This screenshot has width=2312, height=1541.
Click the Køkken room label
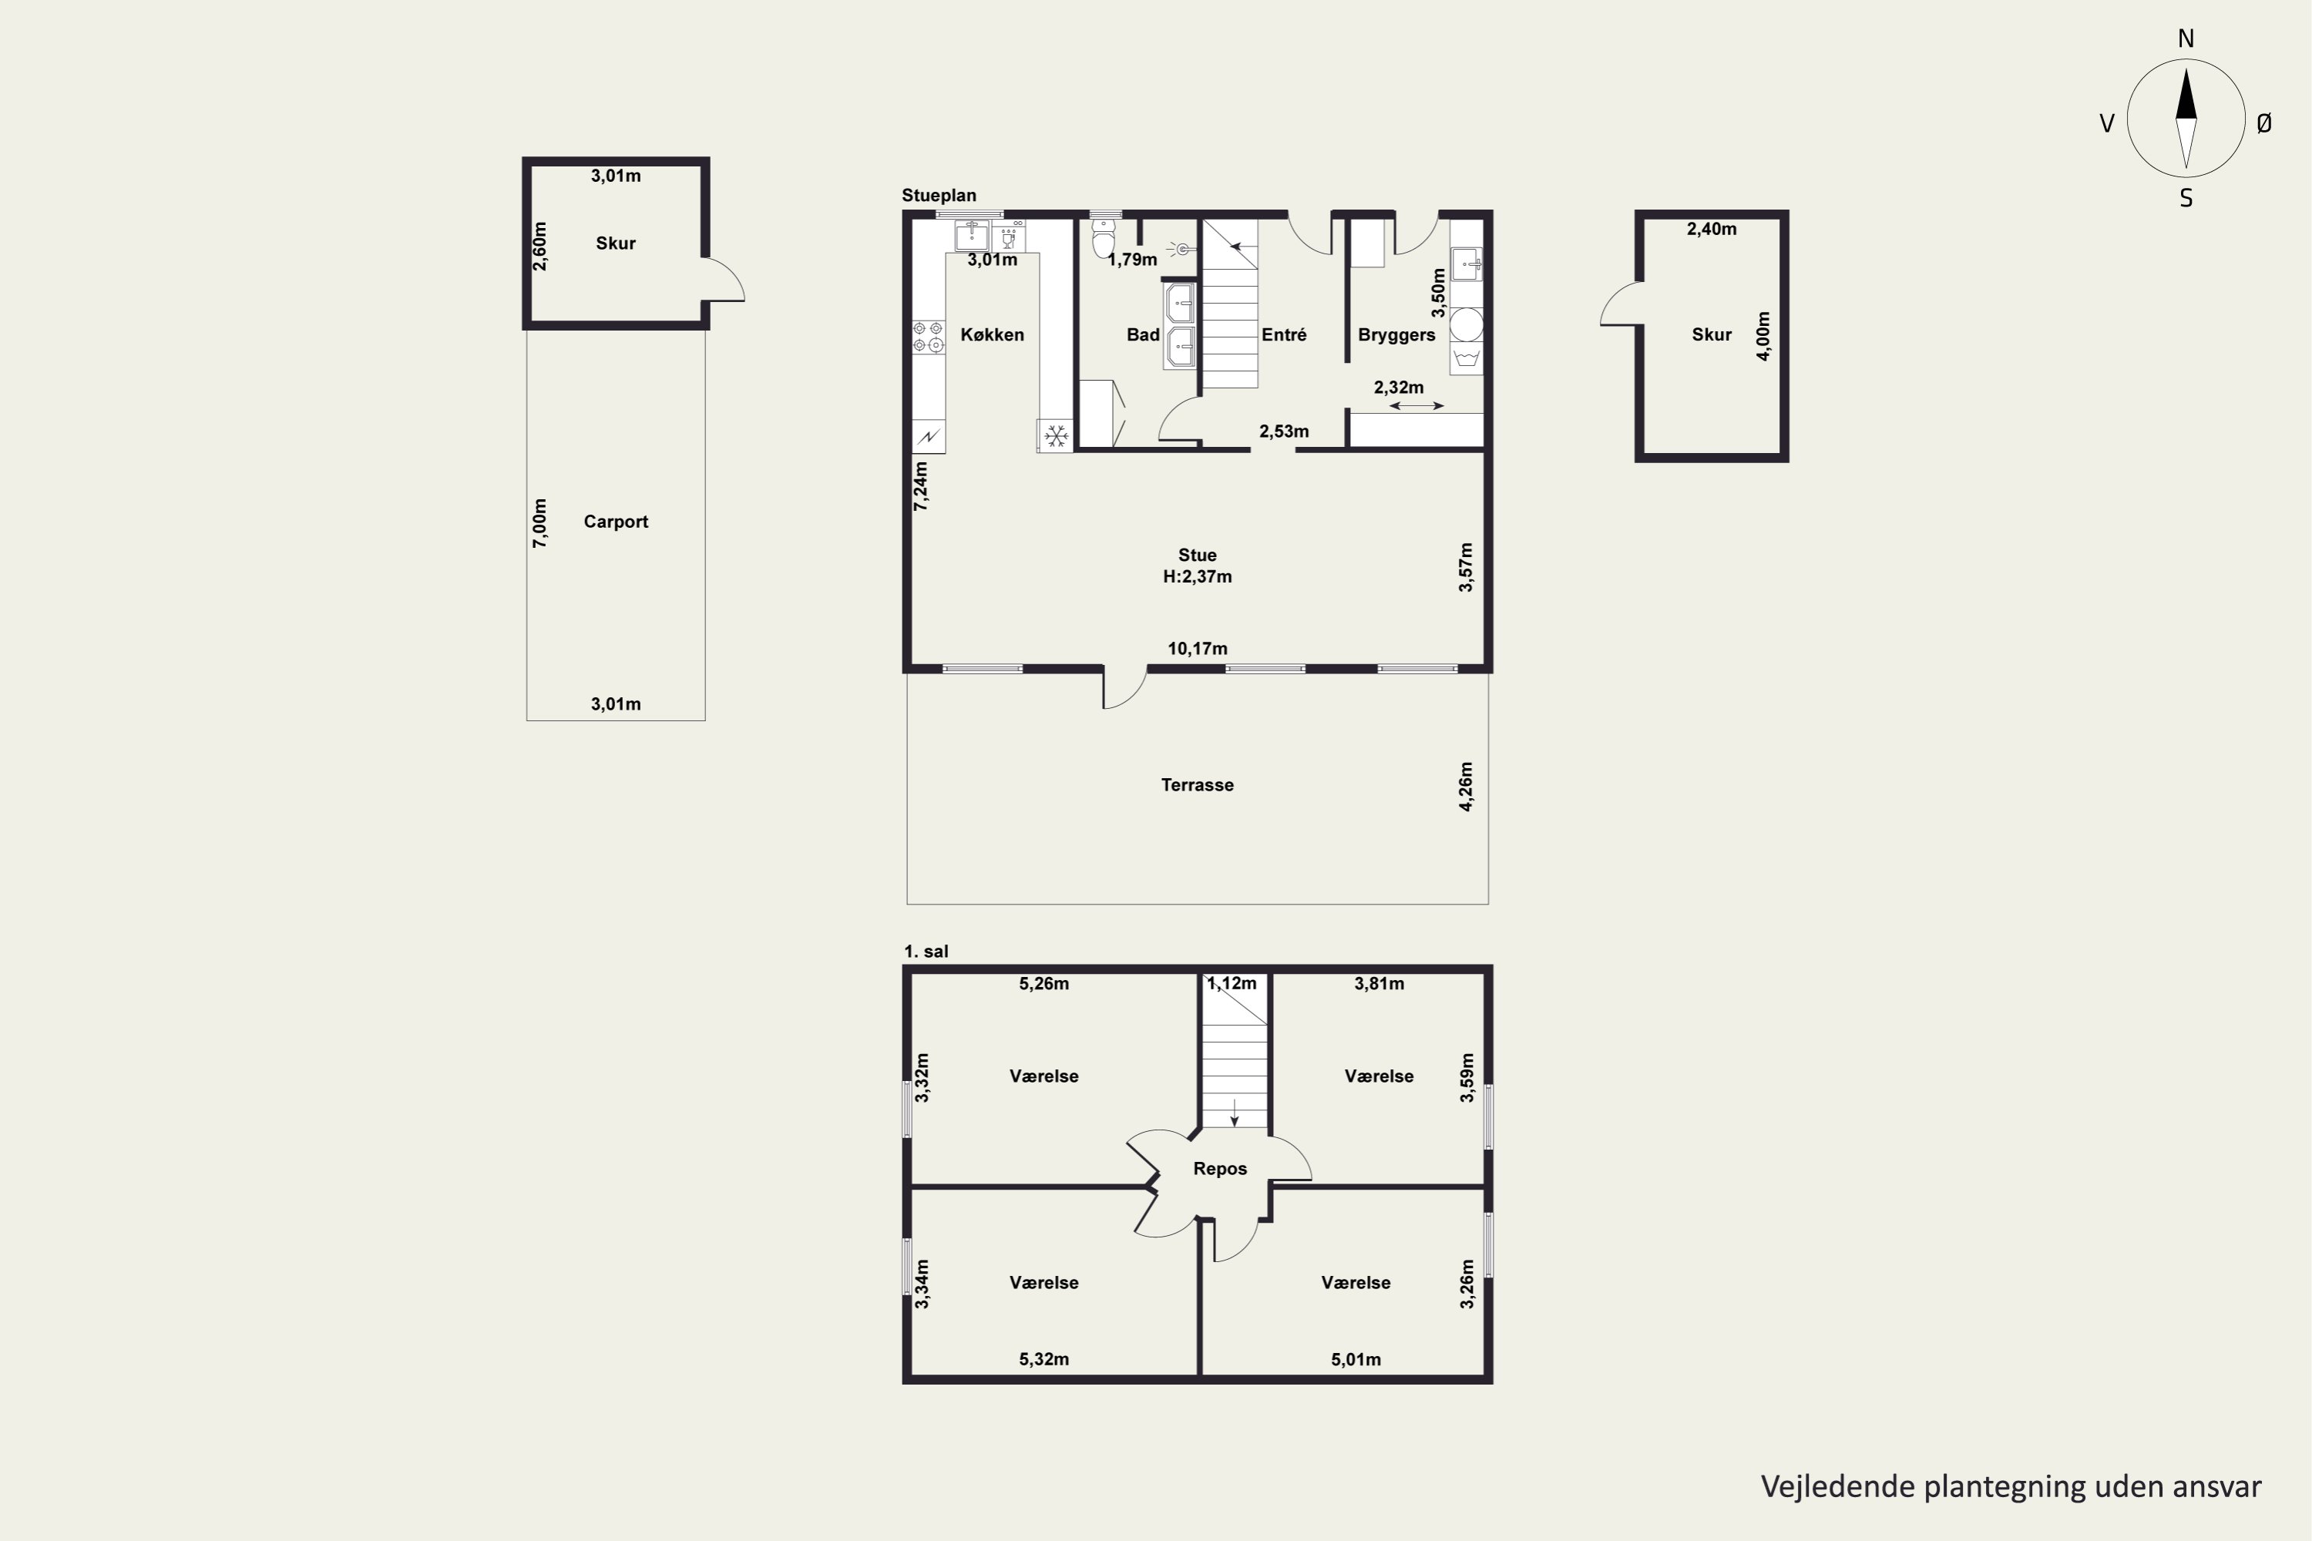click(x=992, y=334)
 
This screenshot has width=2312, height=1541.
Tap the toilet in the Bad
click(x=1104, y=236)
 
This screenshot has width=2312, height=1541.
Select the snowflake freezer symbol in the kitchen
click(x=1056, y=435)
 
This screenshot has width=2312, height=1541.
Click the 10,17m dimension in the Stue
click(x=1198, y=649)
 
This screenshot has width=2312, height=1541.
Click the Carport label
click(x=615, y=522)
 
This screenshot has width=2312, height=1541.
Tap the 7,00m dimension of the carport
click(x=539, y=523)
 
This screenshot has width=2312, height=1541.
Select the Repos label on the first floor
click(x=1220, y=1169)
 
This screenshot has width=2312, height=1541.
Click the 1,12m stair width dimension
click(x=1232, y=983)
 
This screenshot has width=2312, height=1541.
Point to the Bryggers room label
click(x=1396, y=335)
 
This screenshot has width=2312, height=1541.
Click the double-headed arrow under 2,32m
click(x=1416, y=406)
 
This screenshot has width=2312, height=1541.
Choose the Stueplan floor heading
click(x=939, y=196)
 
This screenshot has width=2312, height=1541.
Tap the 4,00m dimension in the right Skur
click(x=1763, y=336)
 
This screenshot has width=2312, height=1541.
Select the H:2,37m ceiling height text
click(x=1198, y=577)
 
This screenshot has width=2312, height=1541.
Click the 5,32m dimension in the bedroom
click(x=1044, y=1359)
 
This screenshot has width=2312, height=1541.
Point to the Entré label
click(x=1284, y=334)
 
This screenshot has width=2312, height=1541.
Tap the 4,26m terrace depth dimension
click(x=1466, y=786)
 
